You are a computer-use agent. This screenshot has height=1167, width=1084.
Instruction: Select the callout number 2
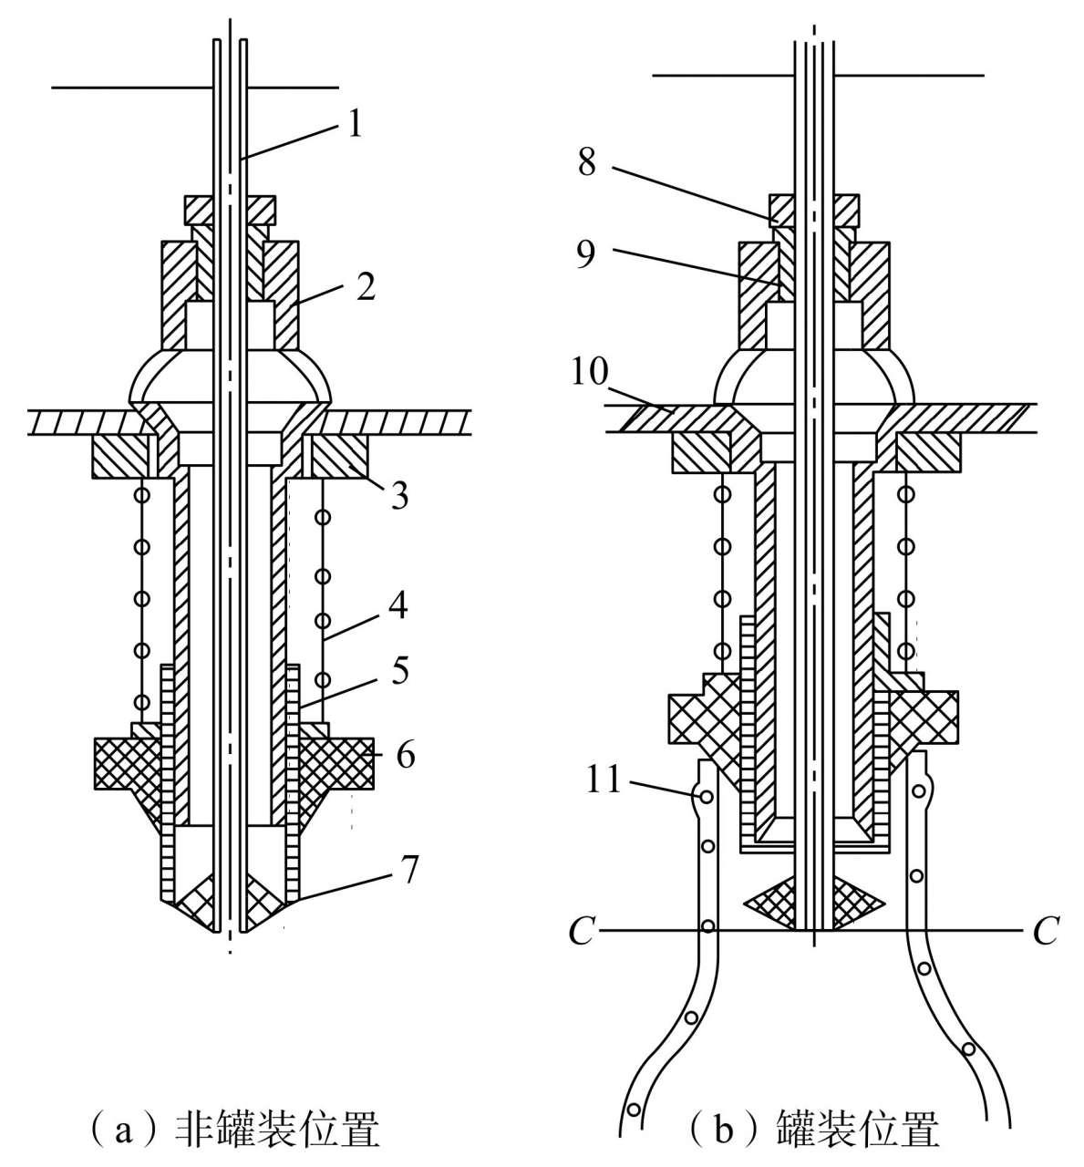366,287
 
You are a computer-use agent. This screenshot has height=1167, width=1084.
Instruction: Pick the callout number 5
399,670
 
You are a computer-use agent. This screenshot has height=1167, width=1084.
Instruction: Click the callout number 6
406,755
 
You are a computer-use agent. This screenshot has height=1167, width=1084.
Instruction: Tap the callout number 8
587,161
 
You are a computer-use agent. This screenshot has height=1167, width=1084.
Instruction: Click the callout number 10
590,371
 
